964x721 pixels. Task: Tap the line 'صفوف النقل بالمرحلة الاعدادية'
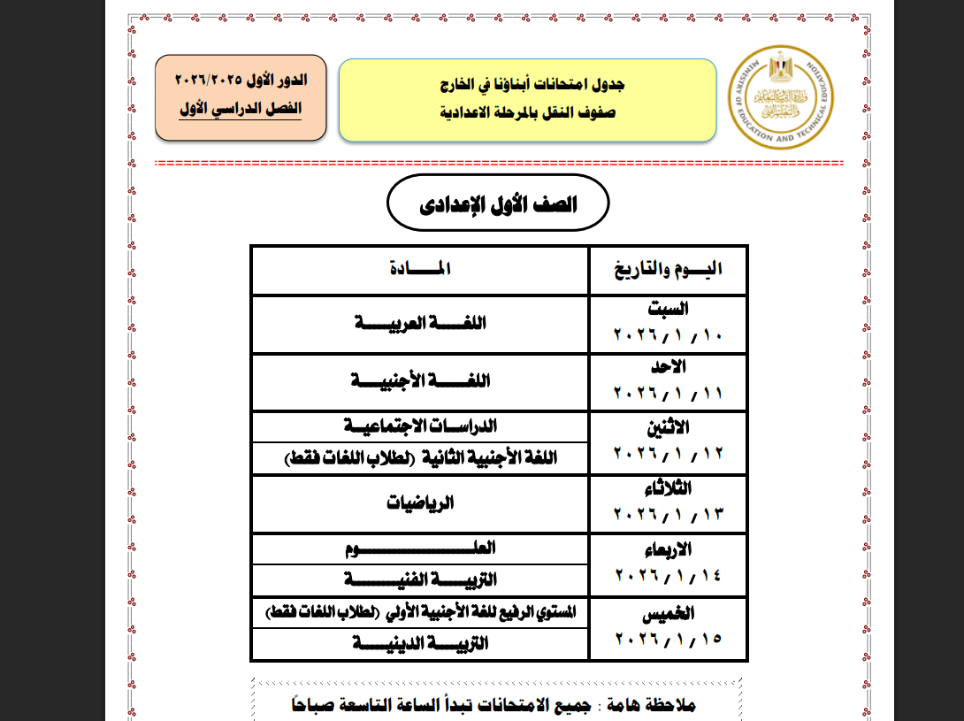528,113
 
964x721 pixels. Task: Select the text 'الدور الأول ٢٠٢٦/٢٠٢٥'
241,80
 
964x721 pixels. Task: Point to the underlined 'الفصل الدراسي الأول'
241,109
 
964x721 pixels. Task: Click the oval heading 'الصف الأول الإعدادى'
498,204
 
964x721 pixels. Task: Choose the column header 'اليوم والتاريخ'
669,270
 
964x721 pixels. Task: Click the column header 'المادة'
420,269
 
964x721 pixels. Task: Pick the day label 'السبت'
669,309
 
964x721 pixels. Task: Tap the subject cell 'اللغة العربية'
419,324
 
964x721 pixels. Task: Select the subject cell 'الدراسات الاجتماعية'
419,426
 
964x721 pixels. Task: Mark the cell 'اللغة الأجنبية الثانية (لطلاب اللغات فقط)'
421,458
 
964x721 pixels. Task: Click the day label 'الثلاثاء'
669,489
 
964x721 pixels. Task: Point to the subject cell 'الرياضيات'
420,503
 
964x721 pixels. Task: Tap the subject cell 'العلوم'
419,548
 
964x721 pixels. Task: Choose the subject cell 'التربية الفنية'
419,579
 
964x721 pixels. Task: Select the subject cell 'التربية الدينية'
419,645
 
